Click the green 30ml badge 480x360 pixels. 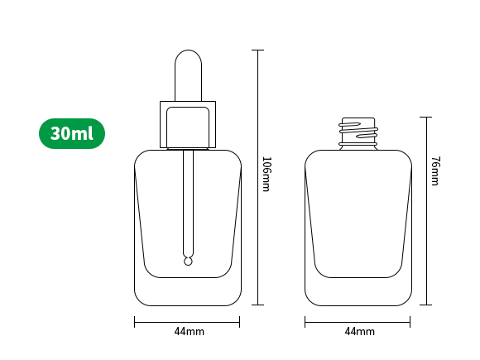click(72, 133)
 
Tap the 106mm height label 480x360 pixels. click(266, 174)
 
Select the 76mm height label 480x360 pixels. click(435, 171)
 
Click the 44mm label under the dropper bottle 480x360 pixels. click(189, 332)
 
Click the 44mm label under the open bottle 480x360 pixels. click(359, 332)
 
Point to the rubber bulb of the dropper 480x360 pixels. click(188, 74)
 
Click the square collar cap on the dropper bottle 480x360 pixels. click(188, 124)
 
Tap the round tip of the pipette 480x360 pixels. click(188, 262)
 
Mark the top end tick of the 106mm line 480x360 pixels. click(257, 50)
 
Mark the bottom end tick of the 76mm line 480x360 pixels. click(428, 305)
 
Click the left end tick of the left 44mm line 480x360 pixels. click(135, 322)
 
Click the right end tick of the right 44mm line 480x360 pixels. click(413, 322)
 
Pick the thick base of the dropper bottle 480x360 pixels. click(188, 291)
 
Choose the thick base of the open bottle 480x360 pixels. click(358, 291)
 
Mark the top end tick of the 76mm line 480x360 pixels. click(428, 117)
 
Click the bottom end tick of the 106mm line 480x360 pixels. click(257, 305)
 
